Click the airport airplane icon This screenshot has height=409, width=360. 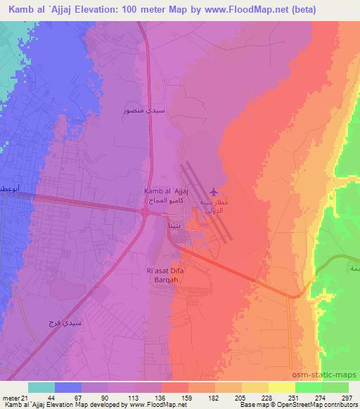(214, 191)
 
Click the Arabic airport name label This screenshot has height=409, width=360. (215, 204)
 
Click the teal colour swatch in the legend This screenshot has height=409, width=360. (41, 387)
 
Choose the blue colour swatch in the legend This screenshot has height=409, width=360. (68, 387)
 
